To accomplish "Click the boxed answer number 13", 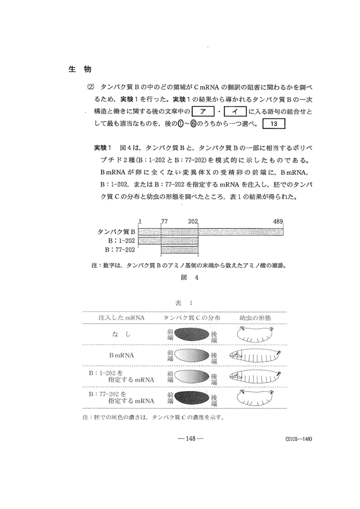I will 275,124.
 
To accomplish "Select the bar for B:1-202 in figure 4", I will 168,240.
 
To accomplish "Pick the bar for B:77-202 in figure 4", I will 180,249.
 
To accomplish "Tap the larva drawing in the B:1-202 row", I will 259,377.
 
